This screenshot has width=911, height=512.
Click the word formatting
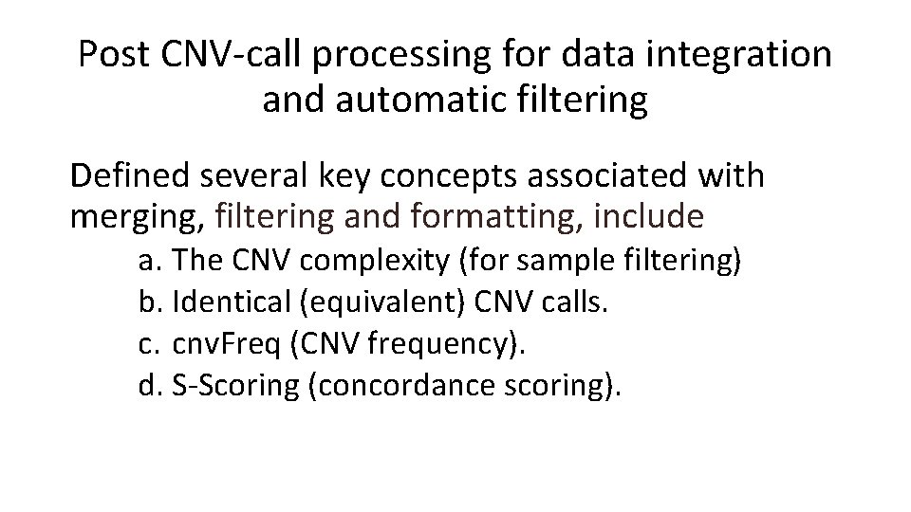pos(493,217)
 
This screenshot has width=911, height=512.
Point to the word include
pos(648,217)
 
